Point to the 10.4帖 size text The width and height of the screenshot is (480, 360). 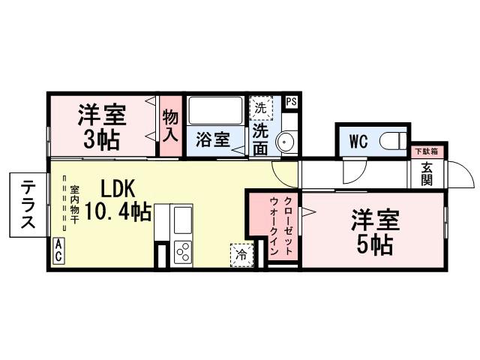pyautogui.click(x=117, y=212)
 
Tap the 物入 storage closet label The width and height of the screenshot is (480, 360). pyautogui.click(x=171, y=127)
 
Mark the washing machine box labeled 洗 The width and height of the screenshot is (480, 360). pyautogui.click(x=260, y=106)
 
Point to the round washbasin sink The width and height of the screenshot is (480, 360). pyautogui.click(x=286, y=142)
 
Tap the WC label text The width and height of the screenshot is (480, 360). pyautogui.click(x=358, y=141)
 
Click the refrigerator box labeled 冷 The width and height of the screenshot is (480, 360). pyautogui.click(x=241, y=254)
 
